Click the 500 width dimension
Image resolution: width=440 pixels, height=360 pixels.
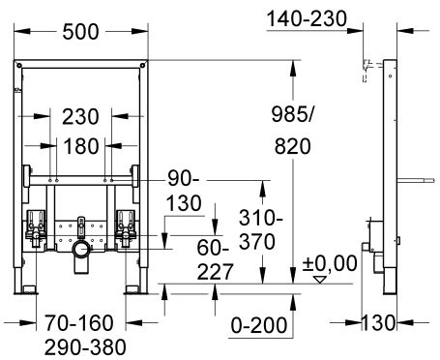point(80,32)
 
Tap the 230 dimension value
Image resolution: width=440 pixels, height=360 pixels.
point(80,117)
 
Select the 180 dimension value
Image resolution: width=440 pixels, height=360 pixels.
point(81,146)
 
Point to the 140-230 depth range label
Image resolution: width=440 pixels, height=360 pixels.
point(308,18)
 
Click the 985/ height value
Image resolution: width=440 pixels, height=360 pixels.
point(292,114)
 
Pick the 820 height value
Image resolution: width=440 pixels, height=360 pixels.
point(293,146)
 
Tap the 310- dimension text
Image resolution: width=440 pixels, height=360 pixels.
point(261,219)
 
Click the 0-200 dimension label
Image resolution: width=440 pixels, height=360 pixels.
point(259,325)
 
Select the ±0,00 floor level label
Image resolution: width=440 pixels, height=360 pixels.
point(330,263)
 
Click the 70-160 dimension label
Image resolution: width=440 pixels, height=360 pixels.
point(79,323)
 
